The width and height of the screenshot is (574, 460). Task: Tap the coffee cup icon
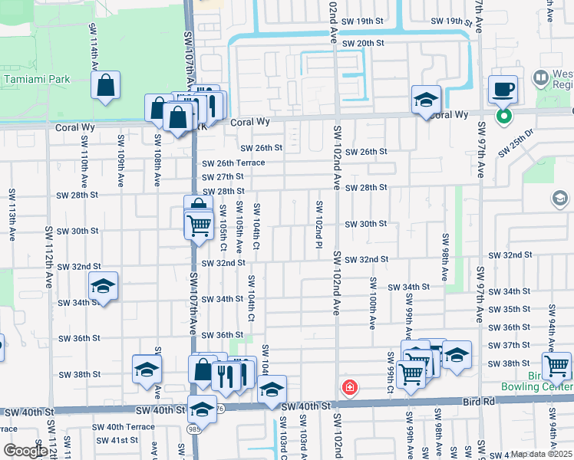[503, 90]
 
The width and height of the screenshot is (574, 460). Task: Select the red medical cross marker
[350, 387]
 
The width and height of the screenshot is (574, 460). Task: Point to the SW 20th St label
[362, 43]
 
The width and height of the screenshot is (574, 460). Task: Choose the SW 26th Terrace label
[233, 163]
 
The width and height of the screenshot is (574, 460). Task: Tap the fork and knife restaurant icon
[226, 375]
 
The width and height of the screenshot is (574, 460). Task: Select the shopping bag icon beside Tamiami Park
[106, 86]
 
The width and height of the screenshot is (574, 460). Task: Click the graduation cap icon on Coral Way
[424, 100]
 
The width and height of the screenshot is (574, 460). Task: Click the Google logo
[25, 450]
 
